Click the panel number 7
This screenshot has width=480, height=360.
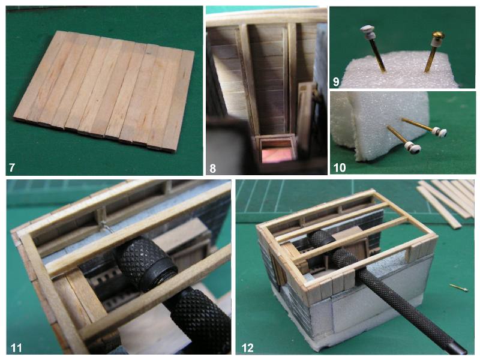(x=12, y=168)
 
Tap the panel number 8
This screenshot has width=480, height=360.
(x=213, y=169)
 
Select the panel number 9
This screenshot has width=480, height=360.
(x=336, y=82)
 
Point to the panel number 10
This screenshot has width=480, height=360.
(x=340, y=168)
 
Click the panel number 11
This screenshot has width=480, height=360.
(x=16, y=348)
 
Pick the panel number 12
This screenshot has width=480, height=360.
(x=248, y=348)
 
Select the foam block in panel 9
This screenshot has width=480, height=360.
(x=398, y=71)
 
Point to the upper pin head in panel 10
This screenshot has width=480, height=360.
(x=440, y=131)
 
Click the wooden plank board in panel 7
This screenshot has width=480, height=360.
(x=104, y=91)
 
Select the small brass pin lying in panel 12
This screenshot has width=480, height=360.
(x=458, y=287)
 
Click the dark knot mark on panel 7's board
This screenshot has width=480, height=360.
(x=148, y=53)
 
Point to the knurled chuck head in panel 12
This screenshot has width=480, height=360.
(x=321, y=241)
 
